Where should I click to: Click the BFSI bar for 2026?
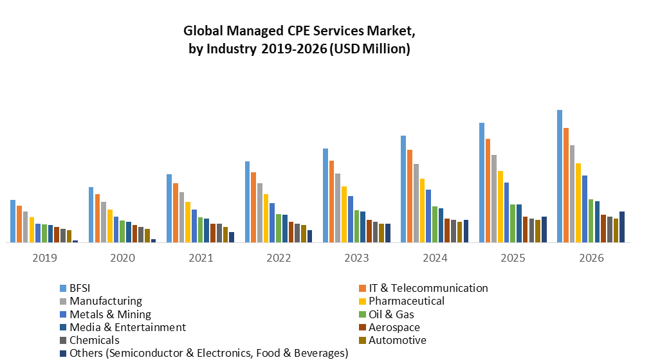pyautogui.click(x=560, y=176)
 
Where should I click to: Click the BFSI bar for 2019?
pyautogui.click(x=13, y=221)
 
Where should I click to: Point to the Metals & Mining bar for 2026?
pyautogui.click(x=585, y=209)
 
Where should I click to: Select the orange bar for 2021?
pyautogui.click(x=176, y=213)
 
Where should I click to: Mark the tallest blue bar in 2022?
pyautogui.click(x=248, y=202)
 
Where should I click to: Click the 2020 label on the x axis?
pyautogui.click(x=122, y=258)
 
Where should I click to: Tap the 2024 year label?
pyautogui.click(x=435, y=258)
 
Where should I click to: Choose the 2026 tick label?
pyautogui.click(x=591, y=258)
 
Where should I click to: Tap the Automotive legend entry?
pyautogui.click(x=397, y=340)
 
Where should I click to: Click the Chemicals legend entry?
pyautogui.click(x=94, y=340)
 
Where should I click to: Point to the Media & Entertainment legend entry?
pyautogui.click(x=127, y=327)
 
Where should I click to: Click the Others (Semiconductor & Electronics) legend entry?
pyautogui.click(x=208, y=353)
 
